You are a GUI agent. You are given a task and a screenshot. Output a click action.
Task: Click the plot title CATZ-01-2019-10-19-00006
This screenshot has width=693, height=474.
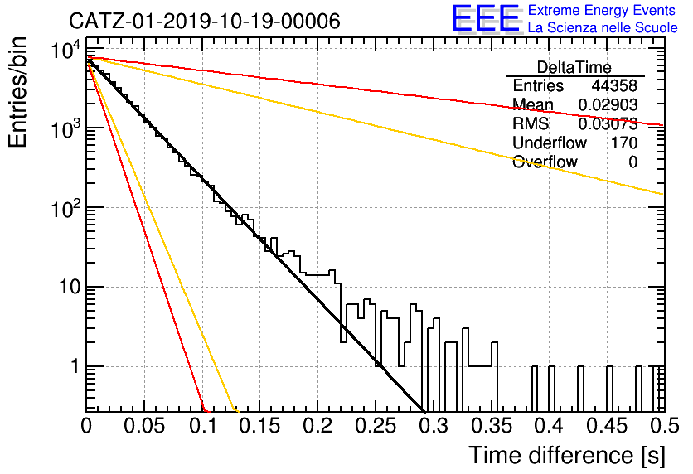click(205, 21)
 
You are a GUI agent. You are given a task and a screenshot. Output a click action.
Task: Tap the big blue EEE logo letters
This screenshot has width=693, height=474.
click(486, 18)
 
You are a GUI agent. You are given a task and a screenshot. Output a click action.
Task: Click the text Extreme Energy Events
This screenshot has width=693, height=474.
click(602, 10)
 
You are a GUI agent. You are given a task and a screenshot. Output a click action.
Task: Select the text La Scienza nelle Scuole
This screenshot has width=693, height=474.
click(603, 27)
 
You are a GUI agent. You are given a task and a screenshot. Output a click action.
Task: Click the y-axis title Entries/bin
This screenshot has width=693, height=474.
click(17, 92)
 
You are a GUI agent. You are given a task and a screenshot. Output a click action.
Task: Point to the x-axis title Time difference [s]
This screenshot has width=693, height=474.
click(567, 455)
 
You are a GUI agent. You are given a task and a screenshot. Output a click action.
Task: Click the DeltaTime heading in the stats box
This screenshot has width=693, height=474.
click(574, 67)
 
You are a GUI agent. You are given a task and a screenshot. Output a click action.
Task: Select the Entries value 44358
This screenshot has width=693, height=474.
click(614, 85)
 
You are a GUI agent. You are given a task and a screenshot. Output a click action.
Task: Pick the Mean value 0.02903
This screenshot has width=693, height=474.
click(608, 104)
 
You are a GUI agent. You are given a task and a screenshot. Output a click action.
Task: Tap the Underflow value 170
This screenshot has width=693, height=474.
click(624, 143)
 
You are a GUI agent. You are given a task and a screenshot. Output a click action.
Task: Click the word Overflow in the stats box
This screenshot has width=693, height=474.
click(545, 162)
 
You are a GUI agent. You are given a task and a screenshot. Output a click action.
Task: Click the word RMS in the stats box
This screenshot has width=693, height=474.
click(531, 123)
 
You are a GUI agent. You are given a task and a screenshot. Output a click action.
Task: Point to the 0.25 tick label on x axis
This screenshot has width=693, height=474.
click(376, 426)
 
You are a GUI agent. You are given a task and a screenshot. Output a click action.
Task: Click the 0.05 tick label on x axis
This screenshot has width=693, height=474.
click(144, 426)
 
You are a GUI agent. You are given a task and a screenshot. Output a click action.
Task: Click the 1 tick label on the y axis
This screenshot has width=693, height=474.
click(75, 366)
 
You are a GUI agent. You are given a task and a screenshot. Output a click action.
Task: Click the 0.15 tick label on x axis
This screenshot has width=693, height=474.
click(260, 426)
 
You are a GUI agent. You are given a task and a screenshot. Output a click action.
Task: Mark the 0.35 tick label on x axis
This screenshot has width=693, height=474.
click(492, 426)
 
